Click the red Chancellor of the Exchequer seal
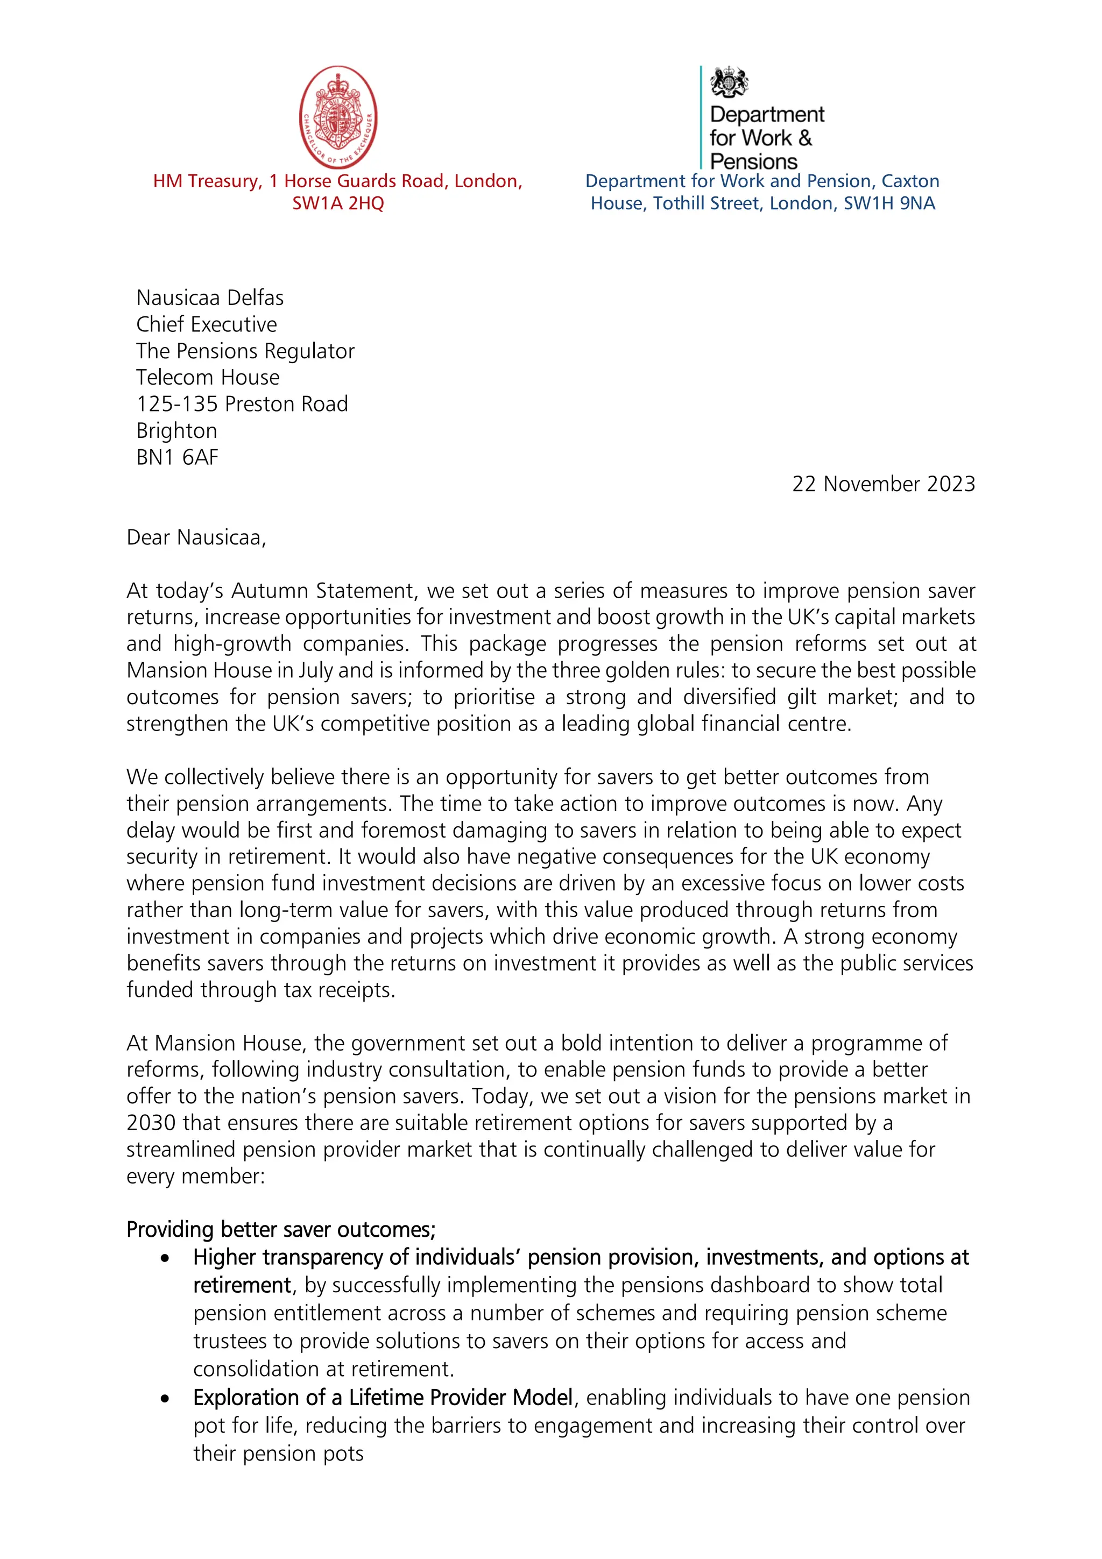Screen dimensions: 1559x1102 pyautogui.click(x=338, y=117)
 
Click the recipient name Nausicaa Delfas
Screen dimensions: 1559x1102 pyautogui.click(x=210, y=297)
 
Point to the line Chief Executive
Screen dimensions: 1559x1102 pyautogui.click(x=207, y=324)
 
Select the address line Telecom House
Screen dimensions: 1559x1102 pyautogui.click(x=208, y=377)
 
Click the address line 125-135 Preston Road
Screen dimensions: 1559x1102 pyautogui.click(x=242, y=404)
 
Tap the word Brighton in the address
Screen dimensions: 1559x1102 pyautogui.click(x=176, y=430)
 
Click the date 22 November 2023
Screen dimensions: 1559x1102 pyautogui.click(x=884, y=484)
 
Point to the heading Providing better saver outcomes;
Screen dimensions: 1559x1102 pyautogui.click(x=281, y=1230)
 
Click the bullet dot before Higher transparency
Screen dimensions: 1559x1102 pyautogui.click(x=165, y=1258)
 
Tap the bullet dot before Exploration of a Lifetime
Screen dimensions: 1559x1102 pyautogui.click(x=165, y=1399)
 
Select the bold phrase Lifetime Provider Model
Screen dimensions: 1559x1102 pyautogui.click(x=461, y=1398)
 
